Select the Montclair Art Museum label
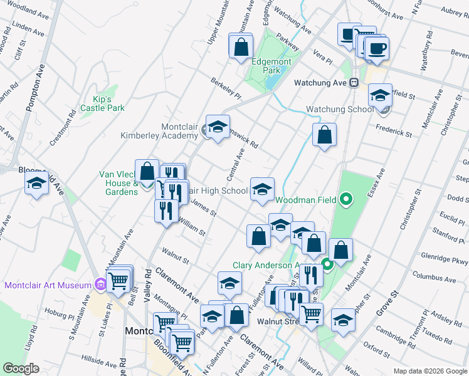48,285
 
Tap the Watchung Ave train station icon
354,83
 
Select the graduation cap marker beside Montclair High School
262,189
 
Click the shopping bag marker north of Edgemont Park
240,46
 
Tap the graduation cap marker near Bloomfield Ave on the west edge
36,184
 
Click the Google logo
21,368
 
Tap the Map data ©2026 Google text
429,371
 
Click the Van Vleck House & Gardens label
117,183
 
